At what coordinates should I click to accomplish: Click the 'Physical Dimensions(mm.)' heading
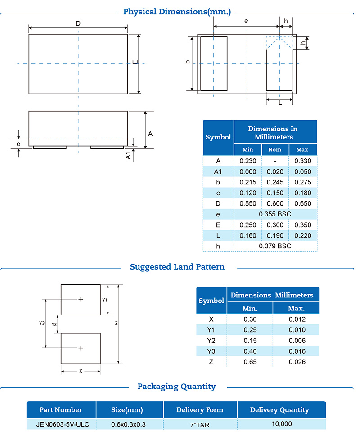coord(177,12)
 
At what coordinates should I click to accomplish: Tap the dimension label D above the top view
coord(78,23)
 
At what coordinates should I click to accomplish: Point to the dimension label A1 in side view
coord(128,156)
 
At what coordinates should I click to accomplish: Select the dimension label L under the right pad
coord(280,103)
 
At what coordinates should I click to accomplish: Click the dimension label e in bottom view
coord(246,21)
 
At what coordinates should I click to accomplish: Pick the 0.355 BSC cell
coord(275,214)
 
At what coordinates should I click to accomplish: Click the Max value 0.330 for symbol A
coord(303,161)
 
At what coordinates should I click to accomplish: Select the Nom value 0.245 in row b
coord(274,182)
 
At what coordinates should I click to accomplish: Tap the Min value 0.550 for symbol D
coord(247,203)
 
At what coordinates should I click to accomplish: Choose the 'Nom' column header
coord(274,150)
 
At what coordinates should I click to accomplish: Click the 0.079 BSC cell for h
coord(275,246)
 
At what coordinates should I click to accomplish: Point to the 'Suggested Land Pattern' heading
coord(177,267)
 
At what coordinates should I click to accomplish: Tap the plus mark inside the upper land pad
coord(81,299)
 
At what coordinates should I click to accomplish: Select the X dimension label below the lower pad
coord(81,371)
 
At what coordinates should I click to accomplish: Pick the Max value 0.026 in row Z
coord(296,362)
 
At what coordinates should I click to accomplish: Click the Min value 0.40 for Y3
coord(250,351)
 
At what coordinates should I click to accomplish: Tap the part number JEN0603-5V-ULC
coord(61,424)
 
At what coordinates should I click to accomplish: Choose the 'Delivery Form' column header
coord(200,410)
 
